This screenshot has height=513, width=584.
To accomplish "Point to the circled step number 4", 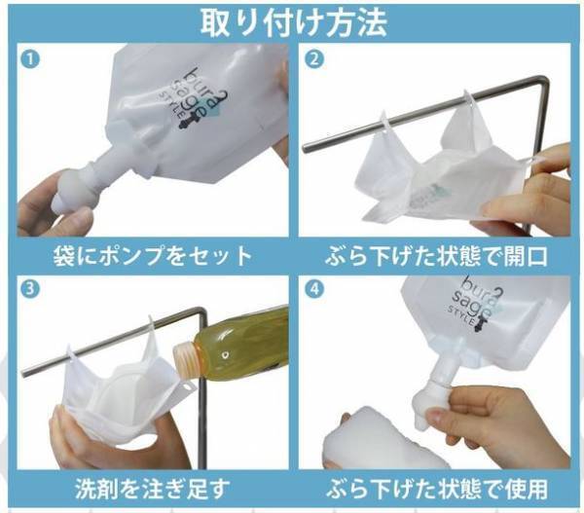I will pyautogui.click(x=313, y=290).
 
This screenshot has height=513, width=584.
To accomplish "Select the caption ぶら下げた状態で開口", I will pyautogui.click(x=436, y=257).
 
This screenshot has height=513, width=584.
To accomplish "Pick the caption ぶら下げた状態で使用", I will pyautogui.click(x=436, y=487).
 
